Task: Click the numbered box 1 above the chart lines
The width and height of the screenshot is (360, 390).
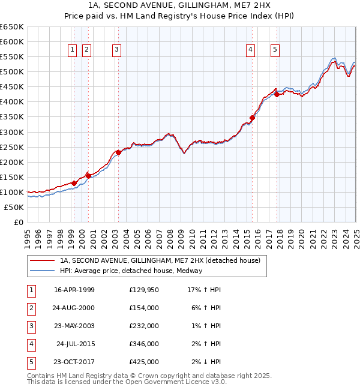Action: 72,50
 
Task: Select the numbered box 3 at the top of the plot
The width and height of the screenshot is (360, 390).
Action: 116,50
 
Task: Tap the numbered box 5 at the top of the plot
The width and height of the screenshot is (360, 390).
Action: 275,50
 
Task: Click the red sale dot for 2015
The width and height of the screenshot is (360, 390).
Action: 253,118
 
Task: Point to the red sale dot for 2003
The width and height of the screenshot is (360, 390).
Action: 119,152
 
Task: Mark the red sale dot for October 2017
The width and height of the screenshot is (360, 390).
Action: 277,94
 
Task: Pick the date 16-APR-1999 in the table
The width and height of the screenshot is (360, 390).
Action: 74,290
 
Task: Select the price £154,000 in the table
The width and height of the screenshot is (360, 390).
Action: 144,308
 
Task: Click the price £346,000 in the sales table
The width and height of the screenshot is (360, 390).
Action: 144,344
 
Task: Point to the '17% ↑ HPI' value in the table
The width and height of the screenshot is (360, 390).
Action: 204,290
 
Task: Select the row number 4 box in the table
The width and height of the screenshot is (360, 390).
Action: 30,344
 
